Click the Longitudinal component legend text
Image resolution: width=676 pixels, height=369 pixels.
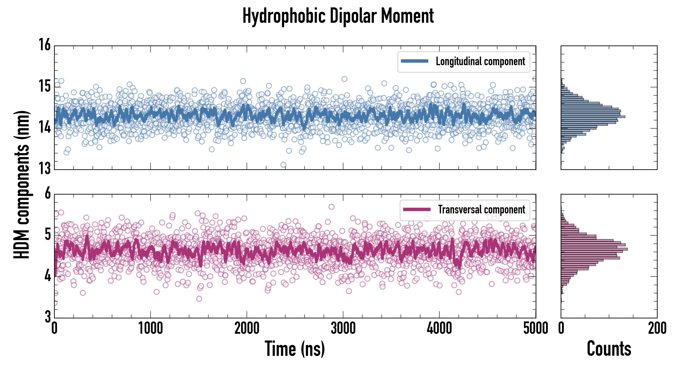[480, 61]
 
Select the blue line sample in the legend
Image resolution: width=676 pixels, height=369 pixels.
[414, 61]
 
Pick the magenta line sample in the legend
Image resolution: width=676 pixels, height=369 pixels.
[417, 209]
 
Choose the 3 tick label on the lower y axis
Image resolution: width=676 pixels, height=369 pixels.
[48, 317]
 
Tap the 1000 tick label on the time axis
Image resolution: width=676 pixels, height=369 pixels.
[150, 328]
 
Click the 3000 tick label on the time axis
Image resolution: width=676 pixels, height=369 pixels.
[343, 328]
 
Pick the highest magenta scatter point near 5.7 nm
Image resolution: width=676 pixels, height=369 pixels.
[331, 207]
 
